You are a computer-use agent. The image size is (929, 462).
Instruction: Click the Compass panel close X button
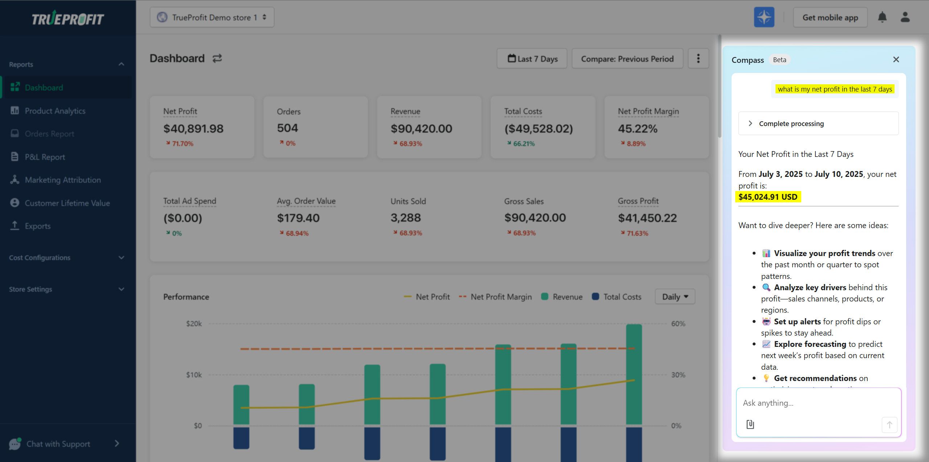[896, 60]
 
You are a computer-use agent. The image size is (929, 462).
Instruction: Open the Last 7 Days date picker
[532, 59]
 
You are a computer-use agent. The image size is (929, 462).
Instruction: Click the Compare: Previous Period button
[627, 59]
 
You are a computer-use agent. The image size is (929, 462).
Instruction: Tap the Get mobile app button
[830, 17]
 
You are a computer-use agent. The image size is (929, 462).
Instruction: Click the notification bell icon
[882, 17]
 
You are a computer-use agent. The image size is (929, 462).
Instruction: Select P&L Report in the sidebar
[45, 157]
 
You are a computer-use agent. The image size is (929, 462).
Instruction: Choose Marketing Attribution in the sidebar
[62, 180]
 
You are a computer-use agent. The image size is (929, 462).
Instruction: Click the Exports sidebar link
[37, 226]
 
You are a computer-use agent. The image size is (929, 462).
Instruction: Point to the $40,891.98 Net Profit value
[193, 129]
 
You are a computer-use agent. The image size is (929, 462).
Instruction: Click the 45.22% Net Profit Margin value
[637, 129]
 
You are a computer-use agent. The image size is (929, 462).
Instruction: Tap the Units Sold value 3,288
[405, 218]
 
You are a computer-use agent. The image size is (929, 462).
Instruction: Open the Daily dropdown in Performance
[675, 297]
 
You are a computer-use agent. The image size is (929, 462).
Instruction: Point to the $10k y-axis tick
[194, 375]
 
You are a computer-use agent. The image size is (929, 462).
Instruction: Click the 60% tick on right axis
[678, 324]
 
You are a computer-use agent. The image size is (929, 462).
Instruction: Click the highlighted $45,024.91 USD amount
[768, 197]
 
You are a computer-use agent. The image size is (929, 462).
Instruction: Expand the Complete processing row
[791, 123]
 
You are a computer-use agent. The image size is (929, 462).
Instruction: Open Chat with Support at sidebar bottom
[58, 444]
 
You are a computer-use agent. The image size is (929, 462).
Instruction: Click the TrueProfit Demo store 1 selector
[212, 17]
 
